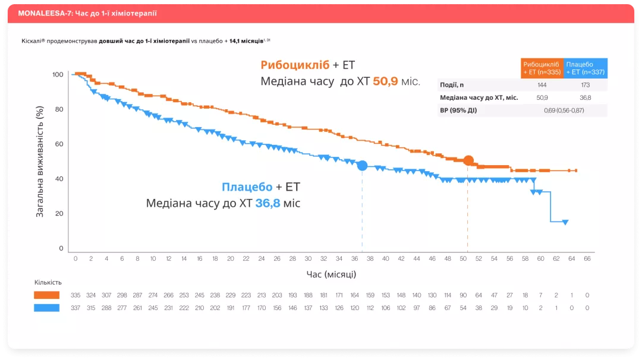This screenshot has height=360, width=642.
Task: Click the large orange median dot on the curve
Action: tap(468, 160)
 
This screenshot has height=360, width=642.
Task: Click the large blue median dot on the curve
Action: tap(362, 166)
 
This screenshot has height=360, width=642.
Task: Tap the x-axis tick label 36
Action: tap(354, 259)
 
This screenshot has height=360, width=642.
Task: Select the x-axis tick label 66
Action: tap(587, 259)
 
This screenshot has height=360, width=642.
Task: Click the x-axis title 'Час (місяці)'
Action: tap(331, 274)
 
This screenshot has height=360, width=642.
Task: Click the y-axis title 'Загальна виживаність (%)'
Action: tap(40, 162)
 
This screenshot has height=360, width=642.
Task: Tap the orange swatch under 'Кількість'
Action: tap(47, 295)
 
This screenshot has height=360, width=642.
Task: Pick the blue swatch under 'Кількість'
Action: tap(47, 308)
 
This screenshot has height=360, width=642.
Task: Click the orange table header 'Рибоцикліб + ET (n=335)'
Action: tap(541, 68)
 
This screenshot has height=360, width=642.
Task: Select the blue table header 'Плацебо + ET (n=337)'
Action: tap(585, 68)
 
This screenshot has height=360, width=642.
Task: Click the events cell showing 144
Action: tap(542, 85)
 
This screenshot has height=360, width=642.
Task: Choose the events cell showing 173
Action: tap(585, 85)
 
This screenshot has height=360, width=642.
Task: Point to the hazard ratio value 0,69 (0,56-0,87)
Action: tap(564, 110)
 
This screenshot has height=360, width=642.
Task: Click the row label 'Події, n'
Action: tap(452, 85)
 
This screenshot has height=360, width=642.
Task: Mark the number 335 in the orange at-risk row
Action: tap(75, 295)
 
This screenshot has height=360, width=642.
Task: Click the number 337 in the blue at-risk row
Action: tap(75, 308)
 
